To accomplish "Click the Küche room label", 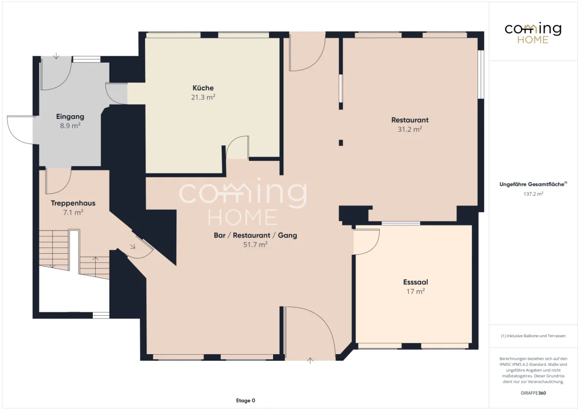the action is [203, 88].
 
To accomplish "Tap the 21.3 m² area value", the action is [203, 97].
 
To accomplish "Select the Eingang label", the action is [70, 116].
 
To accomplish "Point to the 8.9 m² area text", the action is [70, 126].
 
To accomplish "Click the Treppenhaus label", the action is [73, 203].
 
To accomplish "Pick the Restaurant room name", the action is [410, 120].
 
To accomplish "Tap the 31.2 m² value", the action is [410, 129].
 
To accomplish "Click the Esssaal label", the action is [416, 282].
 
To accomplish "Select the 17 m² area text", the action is [416, 291].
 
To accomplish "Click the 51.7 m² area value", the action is [255, 244].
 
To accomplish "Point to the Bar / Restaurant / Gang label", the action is [255, 235].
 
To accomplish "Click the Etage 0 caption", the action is [245, 400].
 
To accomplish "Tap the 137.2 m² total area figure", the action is [533, 194].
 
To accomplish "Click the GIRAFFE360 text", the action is [533, 393].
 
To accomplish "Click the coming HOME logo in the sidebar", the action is [533, 33].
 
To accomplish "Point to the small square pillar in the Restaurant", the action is [341, 143].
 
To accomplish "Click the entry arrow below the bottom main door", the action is [310, 360].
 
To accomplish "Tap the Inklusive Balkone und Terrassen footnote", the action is [533, 336].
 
